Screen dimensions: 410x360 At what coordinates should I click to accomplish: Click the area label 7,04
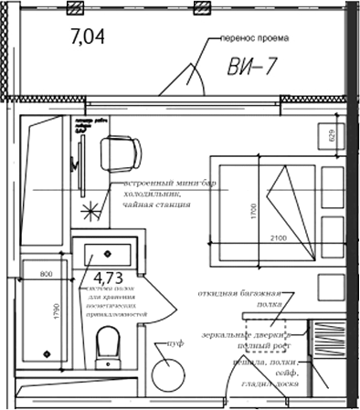click(89, 37)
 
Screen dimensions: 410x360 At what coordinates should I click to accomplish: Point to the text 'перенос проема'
click(254, 40)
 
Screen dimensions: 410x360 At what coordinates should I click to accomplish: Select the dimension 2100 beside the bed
click(278, 238)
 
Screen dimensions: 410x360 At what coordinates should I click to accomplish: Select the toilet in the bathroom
click(108, 345)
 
